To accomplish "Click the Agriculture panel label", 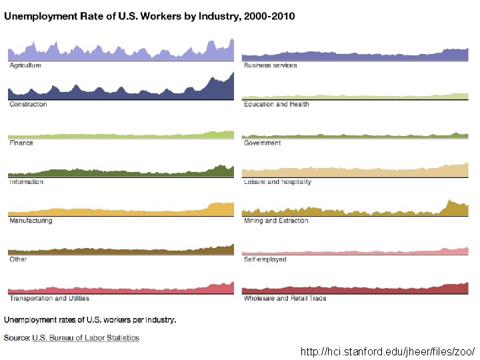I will [x=25, y=65].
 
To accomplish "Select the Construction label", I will [x=28, y=104].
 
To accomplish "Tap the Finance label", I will [x=21, y=143].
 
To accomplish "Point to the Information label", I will [x=26, y=181].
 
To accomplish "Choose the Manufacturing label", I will [x=31, y=221].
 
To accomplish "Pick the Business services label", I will [x=271, y=65].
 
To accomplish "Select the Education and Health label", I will [x=277, y=104].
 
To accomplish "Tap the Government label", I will [x=263, y=143].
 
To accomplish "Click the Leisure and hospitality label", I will [x=277, y=181].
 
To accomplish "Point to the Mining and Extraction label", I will [x=276, y=221].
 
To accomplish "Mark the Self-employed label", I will [x=265, y=259].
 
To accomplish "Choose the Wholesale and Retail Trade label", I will [x=285, y=298].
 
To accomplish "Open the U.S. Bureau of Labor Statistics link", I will [x=86, y=338].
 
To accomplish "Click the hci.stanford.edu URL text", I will [x=387, y=351].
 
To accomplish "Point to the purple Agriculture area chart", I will [x=120, y=53].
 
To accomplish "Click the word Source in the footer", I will [x=17, y=338].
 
